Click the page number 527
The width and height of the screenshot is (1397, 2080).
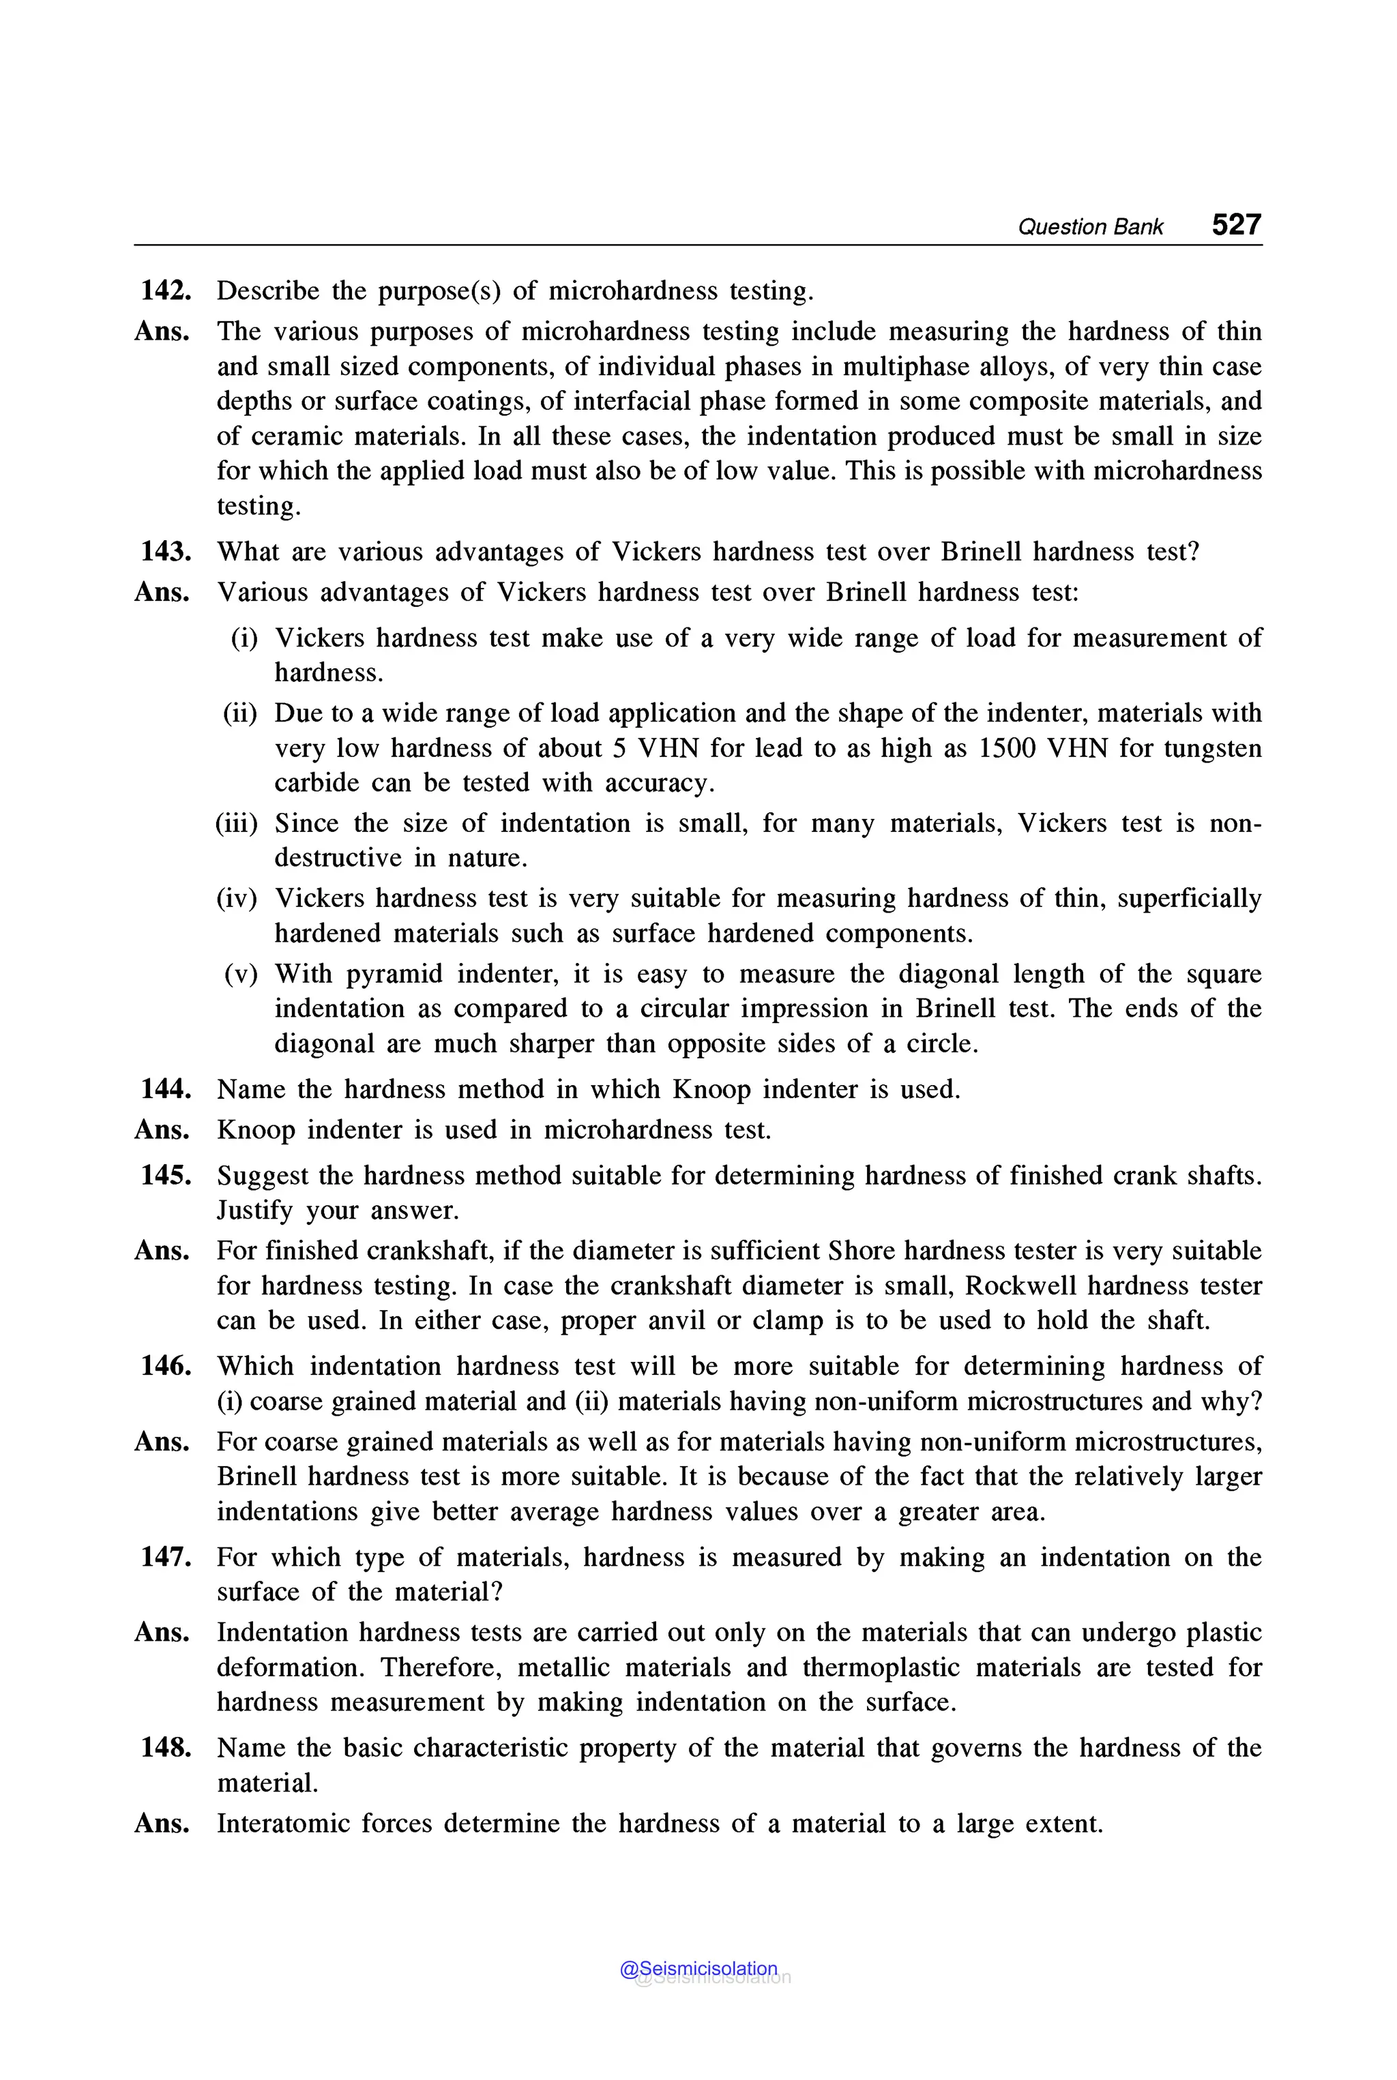pos(1236,224)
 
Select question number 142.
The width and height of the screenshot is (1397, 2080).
pos(166,291)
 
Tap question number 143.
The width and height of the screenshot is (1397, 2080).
pos(166,552)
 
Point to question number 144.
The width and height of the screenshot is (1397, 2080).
pos(166,1088)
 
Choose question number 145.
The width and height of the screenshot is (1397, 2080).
pos(166,1175)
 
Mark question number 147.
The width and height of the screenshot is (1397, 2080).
pos(166,1556)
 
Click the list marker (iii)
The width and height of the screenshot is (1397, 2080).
pos(236,822)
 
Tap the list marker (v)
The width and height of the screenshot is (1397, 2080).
pos(241,974)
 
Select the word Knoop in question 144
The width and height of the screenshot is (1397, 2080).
pos(711,1088)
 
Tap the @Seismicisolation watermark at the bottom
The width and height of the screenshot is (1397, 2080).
pos(698,1969)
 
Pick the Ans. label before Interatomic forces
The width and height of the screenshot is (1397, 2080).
pos(162,1824)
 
